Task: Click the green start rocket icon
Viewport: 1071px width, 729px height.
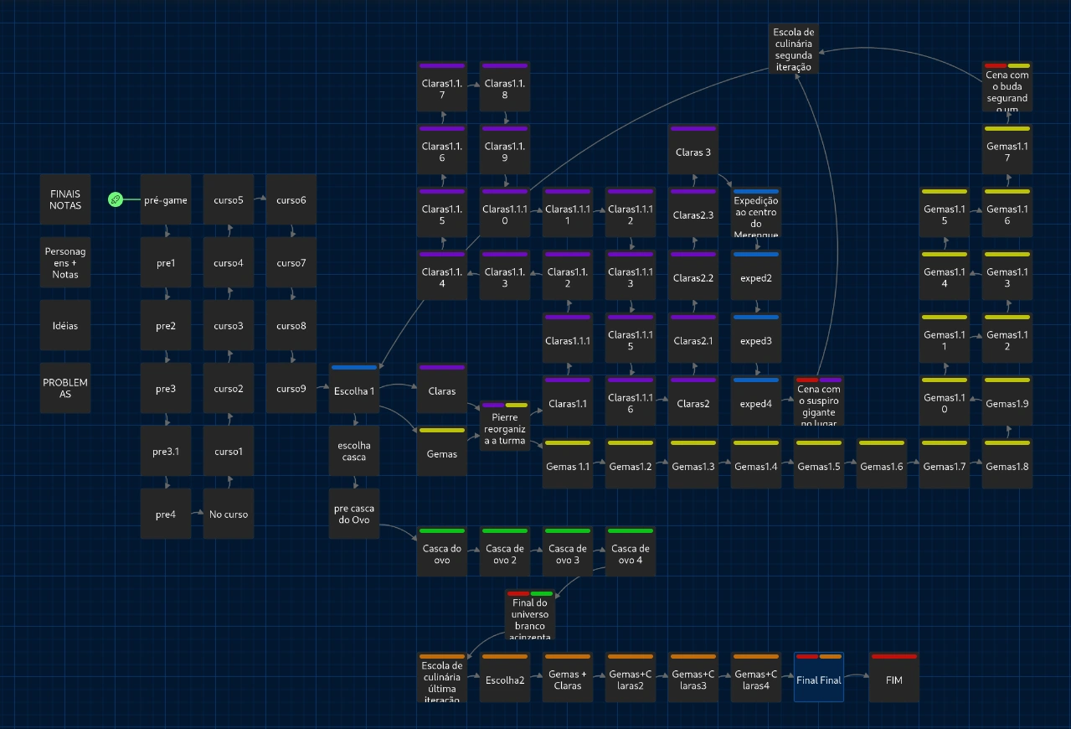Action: coord(116,199)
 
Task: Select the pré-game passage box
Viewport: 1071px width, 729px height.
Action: coord(166,200)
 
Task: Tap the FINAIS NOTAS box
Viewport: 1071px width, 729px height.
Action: coord(65,199)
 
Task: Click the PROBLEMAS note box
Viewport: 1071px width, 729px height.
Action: coord(65,388)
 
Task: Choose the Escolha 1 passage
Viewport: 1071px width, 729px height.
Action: coord(354,390)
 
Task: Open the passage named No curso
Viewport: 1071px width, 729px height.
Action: coord(229,514)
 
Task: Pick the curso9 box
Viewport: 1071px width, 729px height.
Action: coord(291,388)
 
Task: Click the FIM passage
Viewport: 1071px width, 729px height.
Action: coord(893,680)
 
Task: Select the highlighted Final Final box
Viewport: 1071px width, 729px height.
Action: coord(818,680)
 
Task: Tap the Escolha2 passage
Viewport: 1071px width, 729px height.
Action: coord(505,680)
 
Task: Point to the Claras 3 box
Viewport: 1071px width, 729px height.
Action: coord(693,153)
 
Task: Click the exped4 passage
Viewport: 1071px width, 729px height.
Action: coord(756,403)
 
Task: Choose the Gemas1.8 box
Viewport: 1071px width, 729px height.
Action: coord(1007,466)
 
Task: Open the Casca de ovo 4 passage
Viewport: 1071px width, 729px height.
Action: coord(631,554)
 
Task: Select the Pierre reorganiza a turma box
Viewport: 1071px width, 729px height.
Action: coord(505,427)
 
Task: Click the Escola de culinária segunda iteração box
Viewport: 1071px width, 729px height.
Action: coord(793,49)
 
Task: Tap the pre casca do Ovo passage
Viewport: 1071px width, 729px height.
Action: coord(354,514)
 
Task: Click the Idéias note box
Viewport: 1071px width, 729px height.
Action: coord(65,325)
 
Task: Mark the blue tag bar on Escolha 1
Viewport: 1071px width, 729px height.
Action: coord(354,367)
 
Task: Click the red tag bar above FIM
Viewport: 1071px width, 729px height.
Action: coord(893,656)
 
